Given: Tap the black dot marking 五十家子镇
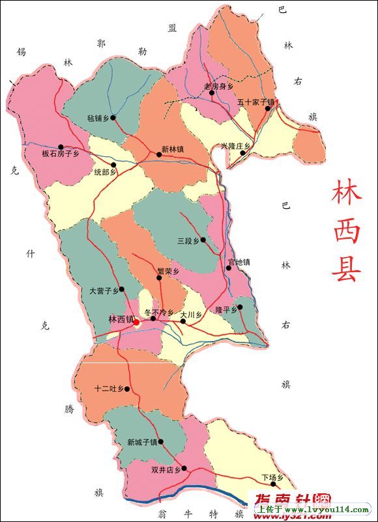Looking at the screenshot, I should [267, 109].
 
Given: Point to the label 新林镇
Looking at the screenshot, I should [173, 149].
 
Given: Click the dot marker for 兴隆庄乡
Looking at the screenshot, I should [243, 154].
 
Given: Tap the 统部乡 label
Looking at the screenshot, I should [105, 172].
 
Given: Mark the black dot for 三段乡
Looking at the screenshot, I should [203, 240].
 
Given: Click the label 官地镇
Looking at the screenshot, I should [239, 262].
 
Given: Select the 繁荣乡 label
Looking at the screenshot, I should [168, 271].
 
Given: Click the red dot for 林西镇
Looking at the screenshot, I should [137, 320].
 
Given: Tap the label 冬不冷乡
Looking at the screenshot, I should [159, 312].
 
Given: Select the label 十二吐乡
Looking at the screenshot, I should [108, 389].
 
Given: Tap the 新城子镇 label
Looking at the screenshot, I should [142, 443].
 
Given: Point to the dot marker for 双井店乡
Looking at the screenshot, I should [184, 468].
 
